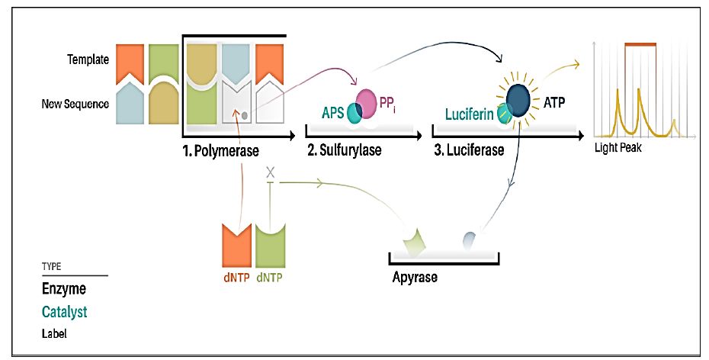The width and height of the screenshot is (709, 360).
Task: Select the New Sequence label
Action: [75, 104]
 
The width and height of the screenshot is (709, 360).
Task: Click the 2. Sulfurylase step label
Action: [344, 149]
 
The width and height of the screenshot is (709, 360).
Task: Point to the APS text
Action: [333, 114]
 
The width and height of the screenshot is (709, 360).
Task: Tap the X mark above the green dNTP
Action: [269, 173]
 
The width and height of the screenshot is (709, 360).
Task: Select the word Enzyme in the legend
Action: [63, 290]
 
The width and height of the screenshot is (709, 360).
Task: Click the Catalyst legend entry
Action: [66, 312]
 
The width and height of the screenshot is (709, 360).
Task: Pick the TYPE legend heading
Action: [52, 267]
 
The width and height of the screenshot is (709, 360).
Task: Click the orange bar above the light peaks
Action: [640, 45]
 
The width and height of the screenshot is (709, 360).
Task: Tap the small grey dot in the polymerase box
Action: [245, 115]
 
